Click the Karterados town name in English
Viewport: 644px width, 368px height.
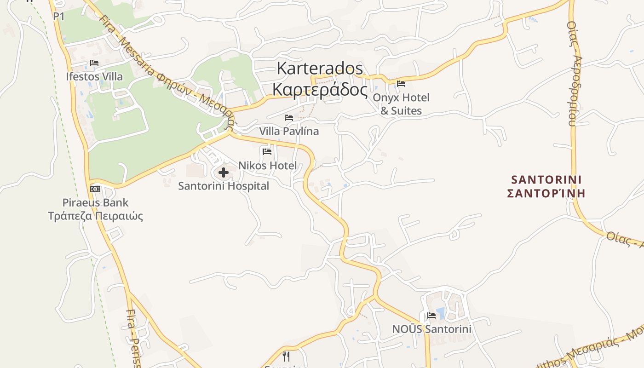tap(320, 69)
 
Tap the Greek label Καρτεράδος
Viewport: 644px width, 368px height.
tap(320, 89)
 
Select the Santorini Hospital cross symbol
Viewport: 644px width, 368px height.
tap(224, 172)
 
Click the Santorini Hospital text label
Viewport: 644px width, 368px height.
tap(224, 186)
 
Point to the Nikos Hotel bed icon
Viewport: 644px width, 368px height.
tap(267, 151)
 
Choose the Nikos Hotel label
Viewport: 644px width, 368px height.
tap(267, 166)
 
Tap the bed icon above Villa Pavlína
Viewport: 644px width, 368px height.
tap(289, 118)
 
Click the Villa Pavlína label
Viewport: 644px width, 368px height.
tap(289, 131)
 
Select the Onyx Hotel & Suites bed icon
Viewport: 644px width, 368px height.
tap(401, 84)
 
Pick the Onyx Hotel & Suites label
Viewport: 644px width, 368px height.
tap(401, 104)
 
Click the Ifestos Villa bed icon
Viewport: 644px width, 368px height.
tap(94, 63)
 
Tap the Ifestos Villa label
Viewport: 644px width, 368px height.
tap(94, 76)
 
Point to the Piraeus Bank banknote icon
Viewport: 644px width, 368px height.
tap(95, 189)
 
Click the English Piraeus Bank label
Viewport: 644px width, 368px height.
tap(96, 202)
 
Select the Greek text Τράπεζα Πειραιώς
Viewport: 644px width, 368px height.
tap(96, 216)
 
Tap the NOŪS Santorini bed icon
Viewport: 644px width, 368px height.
tap(431, 316)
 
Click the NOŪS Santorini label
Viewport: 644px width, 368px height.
tap(431, 329)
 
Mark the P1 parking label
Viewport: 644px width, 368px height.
tap(59, 17)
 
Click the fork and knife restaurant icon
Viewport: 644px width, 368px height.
tap(286, 356)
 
